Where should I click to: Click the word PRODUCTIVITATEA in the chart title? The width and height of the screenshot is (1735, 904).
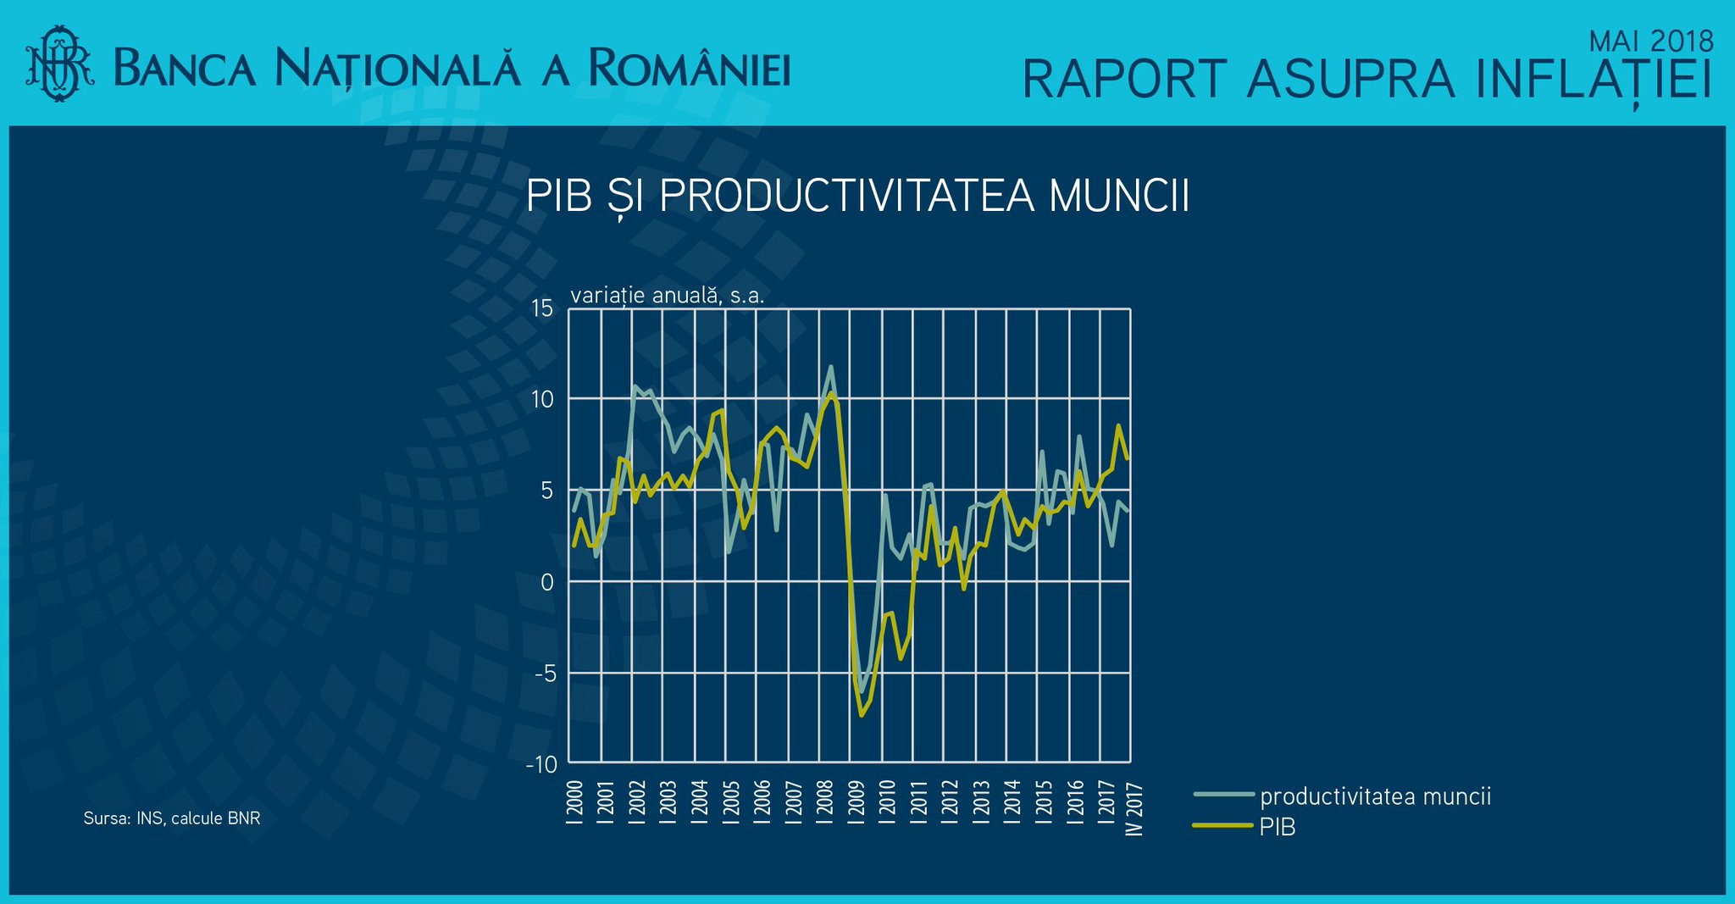846,196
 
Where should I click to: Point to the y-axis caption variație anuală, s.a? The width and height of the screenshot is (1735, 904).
668,296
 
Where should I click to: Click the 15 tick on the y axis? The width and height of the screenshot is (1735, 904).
542,308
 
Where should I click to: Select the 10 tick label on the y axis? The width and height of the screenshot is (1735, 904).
542,399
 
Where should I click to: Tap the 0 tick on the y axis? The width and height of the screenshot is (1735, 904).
547,582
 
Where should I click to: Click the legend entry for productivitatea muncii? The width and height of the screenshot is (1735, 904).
1343,796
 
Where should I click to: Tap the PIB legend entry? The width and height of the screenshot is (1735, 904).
1244,827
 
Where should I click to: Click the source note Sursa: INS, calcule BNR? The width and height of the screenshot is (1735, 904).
172,818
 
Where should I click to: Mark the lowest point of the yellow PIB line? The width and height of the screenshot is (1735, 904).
862,716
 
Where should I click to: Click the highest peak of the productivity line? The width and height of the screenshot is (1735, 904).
830,366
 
